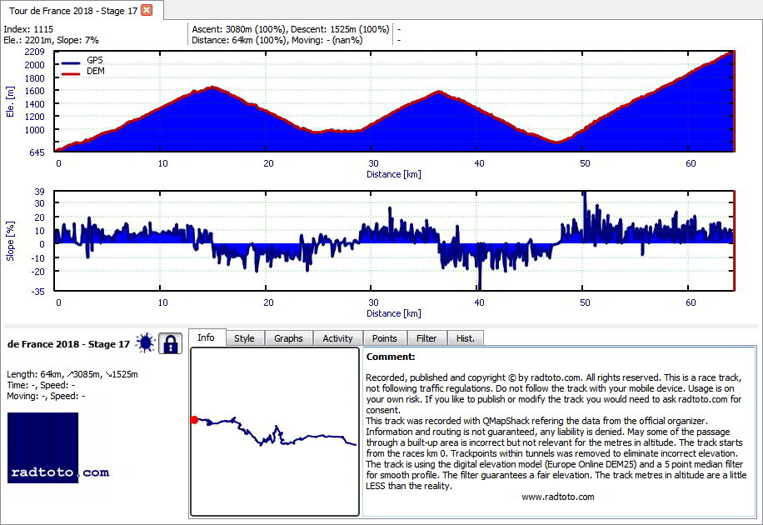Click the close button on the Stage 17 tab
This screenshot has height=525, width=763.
147,10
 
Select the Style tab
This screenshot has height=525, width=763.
244,338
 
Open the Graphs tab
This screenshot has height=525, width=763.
288,338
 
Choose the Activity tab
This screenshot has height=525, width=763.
337,338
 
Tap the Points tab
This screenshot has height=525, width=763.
385,338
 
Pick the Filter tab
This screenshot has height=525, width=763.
426,338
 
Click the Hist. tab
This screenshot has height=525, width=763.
465,338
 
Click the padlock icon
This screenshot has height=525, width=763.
170,343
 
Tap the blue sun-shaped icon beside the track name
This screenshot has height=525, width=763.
145,343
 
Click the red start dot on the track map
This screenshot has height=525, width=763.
194,420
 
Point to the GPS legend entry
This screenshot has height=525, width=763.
82,60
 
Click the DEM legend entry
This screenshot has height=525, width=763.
83,71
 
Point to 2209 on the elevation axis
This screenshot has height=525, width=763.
34,52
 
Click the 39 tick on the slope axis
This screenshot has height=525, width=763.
39,192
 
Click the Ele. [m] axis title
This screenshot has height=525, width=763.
10,102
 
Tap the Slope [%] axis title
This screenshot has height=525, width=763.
10,241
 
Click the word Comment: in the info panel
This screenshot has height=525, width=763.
391,357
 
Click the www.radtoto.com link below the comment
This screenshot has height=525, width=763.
557,497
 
